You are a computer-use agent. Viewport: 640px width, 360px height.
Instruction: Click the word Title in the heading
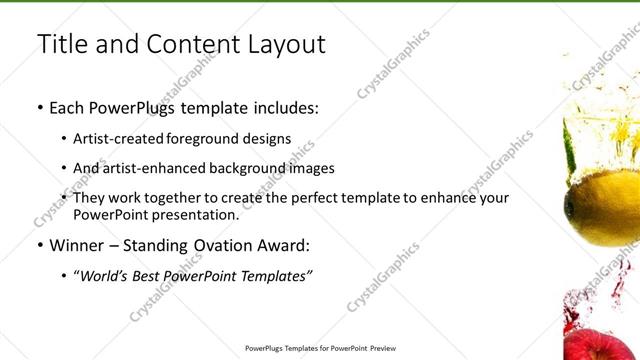[59, 44]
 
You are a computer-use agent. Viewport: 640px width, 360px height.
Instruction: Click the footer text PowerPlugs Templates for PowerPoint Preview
[320, 350]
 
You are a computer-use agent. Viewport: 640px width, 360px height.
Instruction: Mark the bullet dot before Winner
[39, 245]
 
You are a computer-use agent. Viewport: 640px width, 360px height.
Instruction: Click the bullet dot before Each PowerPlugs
[39, 105]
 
